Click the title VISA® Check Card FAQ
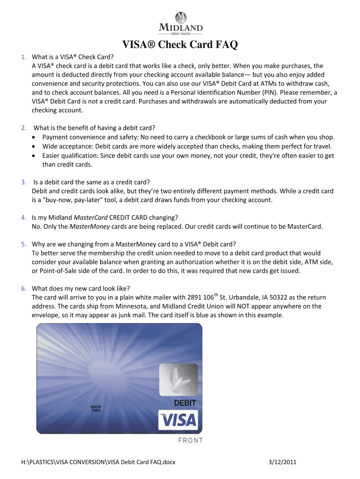180,45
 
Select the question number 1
23,58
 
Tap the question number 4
23,218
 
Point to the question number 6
23,288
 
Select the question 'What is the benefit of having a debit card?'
94,128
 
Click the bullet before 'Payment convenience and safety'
36,137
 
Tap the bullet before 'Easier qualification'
36,156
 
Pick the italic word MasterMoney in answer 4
89,227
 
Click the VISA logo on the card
178,420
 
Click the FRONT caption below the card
190,440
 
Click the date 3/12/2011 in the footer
282,463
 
